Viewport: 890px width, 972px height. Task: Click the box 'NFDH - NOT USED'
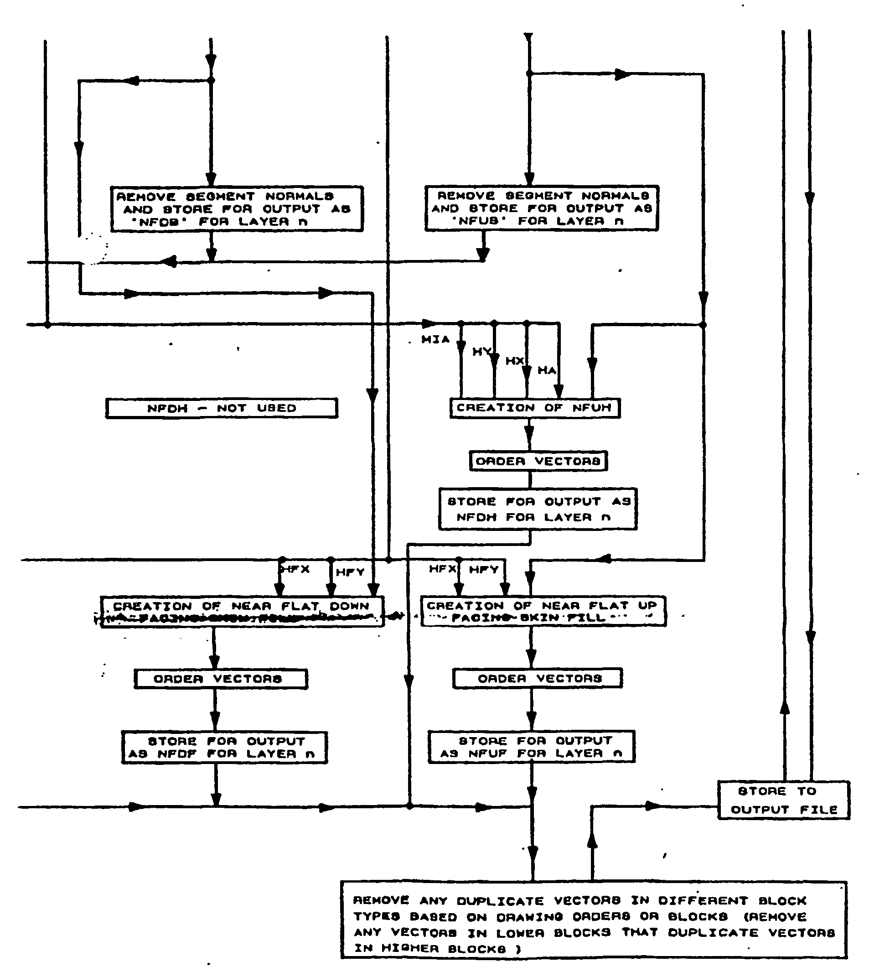click(x=221, y=408)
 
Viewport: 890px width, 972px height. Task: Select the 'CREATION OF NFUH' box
click(x=534, y=408)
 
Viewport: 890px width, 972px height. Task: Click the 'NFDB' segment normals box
click(x=237, y=209)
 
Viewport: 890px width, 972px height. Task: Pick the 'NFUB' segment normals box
click(x=541, y=208)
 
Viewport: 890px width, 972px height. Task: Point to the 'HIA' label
click(x=435, y=340)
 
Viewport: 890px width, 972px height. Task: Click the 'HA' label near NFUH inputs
click(x=546, y=370)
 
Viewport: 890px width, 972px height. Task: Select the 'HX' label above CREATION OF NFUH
click(x=514, y=361)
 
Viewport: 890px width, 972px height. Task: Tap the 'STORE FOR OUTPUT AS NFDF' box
click(x=224, y=747)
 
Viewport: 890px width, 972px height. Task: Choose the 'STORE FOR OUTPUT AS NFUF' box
click(x=531, y=747)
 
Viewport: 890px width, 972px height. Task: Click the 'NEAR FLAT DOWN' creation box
click(x=242, y=611)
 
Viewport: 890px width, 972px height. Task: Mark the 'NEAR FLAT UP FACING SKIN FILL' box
click(x=543, y=611)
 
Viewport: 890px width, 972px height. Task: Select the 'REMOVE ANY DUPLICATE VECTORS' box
click(x=593, y=924)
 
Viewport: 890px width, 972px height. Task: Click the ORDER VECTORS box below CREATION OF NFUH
click(x=538, y=461)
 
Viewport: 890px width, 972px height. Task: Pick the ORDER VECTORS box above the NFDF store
click(x=220, y=679)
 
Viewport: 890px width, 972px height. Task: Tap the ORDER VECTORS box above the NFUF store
click(x=537, y=678)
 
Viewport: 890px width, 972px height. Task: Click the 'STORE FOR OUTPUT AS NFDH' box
click(x=537, y=509)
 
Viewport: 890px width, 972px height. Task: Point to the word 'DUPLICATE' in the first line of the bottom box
click(x=500, y=901)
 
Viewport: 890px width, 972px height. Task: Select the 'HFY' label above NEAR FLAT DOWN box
click(x=350, y=572)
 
